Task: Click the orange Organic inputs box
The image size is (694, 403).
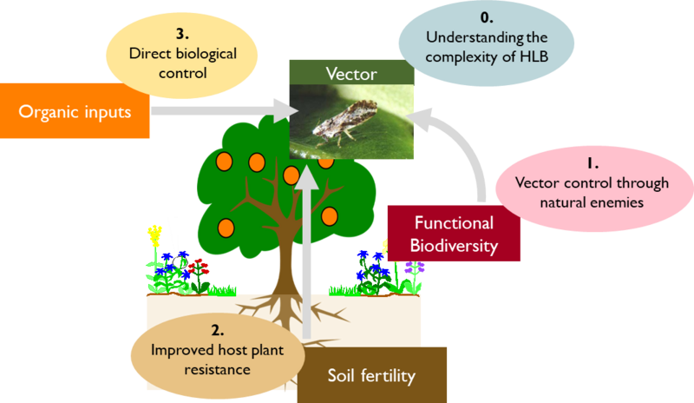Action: tap(75, 111)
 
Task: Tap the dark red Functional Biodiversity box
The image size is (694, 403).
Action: tap(454, 233)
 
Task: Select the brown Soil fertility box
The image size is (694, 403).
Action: tap(372, 375)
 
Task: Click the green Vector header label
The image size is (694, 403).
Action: tap(351, 73)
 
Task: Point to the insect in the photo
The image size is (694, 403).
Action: tap(345, 120)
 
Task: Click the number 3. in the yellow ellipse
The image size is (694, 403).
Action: tap(182, 34)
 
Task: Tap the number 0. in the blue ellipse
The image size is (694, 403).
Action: tap(487, 17)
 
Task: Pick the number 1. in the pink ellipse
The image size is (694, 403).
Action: tap(593, 163)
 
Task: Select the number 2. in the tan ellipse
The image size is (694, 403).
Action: tap(218, 330)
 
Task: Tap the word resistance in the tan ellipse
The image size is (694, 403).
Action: tap(218, 369)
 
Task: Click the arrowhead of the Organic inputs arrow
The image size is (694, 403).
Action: tap(285, 111)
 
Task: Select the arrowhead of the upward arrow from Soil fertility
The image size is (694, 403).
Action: tap(307, 177)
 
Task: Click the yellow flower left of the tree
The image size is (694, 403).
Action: tap(154, 235)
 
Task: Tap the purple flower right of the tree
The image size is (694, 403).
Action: tap(415, 268)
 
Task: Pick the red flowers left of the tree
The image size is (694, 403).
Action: tap(199, 267)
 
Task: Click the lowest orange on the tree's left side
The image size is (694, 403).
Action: tap(226, 228)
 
